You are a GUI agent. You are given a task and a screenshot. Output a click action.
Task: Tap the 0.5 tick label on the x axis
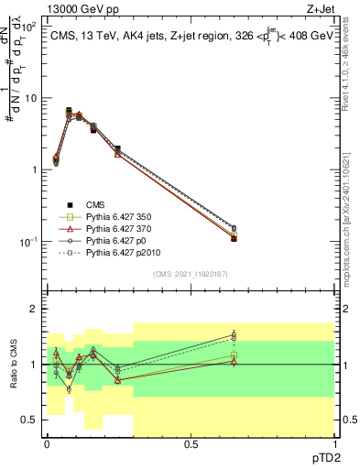pyautogui.click(x=191, y=443)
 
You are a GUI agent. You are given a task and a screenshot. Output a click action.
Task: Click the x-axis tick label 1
pyautogui.click(x=334, y=443)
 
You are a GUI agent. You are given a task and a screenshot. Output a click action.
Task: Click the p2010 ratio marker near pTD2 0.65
pyautogui.click(x=234, y=338)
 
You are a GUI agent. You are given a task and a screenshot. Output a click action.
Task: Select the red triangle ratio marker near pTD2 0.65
pyautogui.click(x=234, y=361)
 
